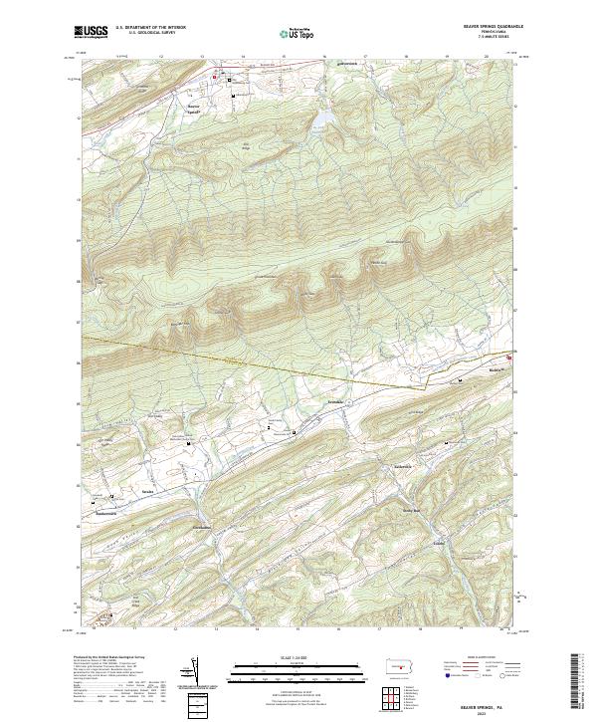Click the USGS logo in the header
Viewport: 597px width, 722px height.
(91, 32)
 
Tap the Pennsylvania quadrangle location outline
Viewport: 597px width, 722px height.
(400, 666)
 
